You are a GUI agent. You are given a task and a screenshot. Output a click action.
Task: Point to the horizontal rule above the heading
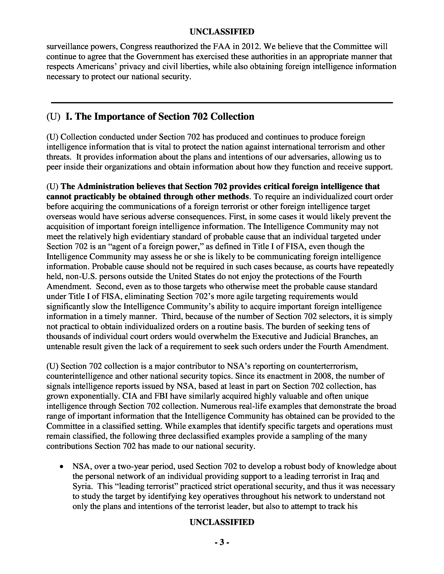(x=222, y=102)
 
